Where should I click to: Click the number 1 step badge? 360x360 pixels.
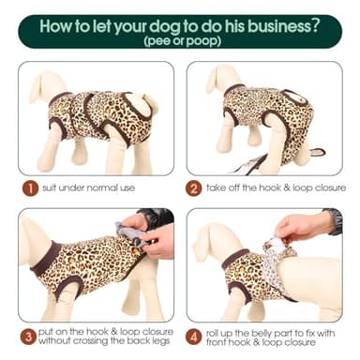tap(30, 187)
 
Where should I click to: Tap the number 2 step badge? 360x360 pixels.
tap(196, 187)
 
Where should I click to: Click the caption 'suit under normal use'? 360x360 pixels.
tap(90, 187)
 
